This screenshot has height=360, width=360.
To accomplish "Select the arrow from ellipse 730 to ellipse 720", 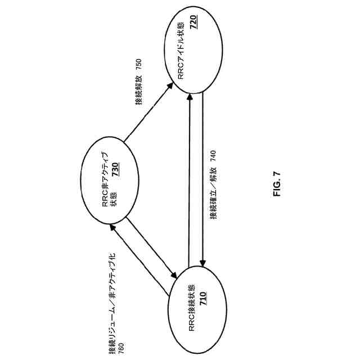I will pyautogui.click(x=148, y=112).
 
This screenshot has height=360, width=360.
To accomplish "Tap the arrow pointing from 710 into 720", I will pyautogui.click(x=191, y=180).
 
